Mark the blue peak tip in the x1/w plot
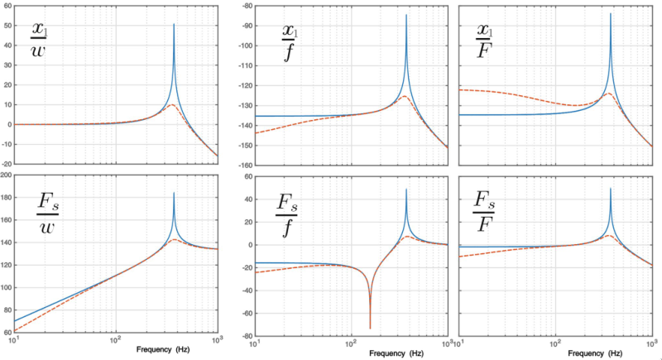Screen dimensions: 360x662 [x=174, y=24]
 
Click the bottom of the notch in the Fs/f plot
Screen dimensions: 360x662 [x=370, y=329]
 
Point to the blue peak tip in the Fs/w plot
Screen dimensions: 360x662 [x=174, y=193]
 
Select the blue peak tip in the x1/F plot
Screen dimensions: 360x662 [x=611, y=13]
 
